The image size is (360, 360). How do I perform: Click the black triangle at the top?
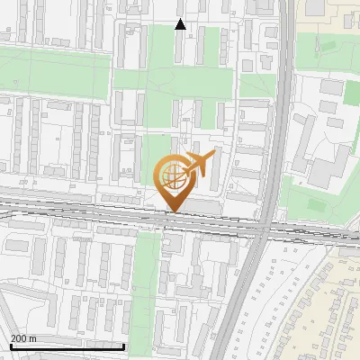pyautogui.click(x=180, y=24)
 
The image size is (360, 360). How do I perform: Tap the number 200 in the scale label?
pyautogui.click(x=19, y=338)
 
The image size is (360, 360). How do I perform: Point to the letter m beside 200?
pyautogui.click(x=32, y=338)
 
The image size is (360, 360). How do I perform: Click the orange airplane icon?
pyautogui.click(x=199, y=165)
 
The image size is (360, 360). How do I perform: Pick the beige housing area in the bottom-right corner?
pyautogui.click(x=337, y=297)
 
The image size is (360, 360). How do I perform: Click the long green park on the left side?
pyautogui.click(x=54, y=72)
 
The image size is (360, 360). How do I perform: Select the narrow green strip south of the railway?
pyautogui.click(x=145, y=279)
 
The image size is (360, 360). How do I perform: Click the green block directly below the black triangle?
pyautogui.click(x=184, y=49)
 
